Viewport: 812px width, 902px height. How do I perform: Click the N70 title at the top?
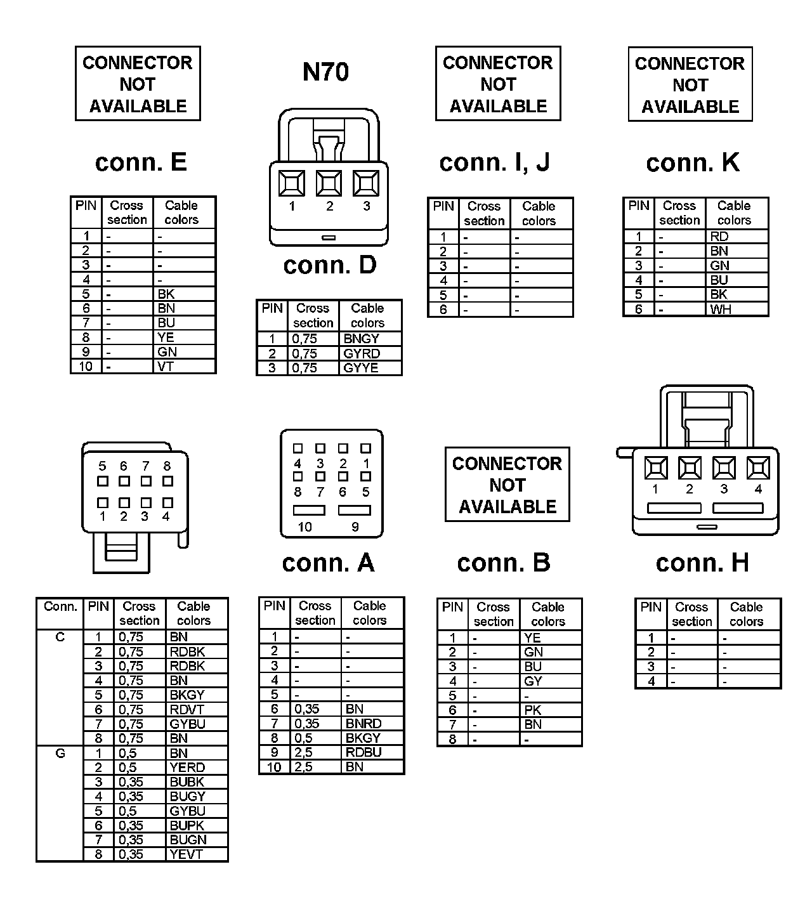tap(325, 72)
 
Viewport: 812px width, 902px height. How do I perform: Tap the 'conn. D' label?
tap(330, 265)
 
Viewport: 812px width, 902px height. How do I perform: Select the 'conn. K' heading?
tap(693, 163)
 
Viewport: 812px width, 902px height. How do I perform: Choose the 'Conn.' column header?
tap(60, 606)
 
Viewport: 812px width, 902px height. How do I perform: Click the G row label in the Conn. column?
tap(60, 754)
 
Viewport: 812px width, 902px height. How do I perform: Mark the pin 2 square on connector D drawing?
tap(329, 184)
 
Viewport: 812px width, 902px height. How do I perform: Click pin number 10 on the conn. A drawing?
tap(305, 527)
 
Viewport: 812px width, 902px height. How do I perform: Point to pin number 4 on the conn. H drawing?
tap(758, 489)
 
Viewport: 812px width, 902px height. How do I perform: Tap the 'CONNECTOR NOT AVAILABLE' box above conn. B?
tap(507, 485)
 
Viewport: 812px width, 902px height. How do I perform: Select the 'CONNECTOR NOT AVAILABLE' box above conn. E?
tap(138, 84)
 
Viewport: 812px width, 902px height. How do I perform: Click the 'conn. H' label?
tap(702, 563)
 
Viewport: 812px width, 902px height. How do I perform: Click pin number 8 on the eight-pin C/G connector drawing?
tap(167, 466)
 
